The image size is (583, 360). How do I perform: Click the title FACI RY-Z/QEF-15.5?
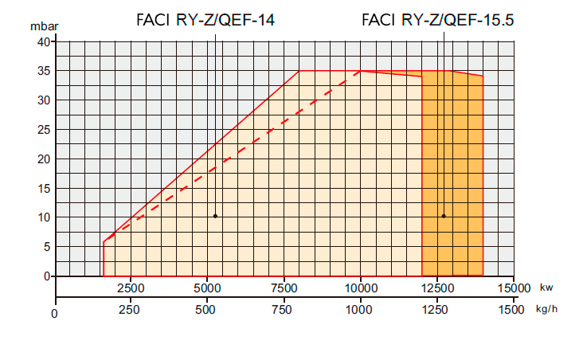[x=437, y=20]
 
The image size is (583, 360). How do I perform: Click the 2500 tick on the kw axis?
[x=130, y=288]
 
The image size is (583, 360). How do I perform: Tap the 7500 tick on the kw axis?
[x=284, y=288]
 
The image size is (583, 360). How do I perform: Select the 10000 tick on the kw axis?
[x=361, y=288]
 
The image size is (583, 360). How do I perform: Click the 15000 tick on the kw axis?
[x=514, y=288]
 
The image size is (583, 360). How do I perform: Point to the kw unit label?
[x=546, y=288]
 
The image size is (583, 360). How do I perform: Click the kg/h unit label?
[x=547, y=308]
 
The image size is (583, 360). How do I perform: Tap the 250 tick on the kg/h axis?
[x=130, y=309]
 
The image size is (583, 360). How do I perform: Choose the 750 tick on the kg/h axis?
[x=284, y=309]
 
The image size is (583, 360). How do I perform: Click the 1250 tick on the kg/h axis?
[x=437, y=309]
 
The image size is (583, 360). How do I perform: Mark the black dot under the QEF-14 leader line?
[x=215, y=216]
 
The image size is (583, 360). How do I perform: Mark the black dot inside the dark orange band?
[x=444, y=216]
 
